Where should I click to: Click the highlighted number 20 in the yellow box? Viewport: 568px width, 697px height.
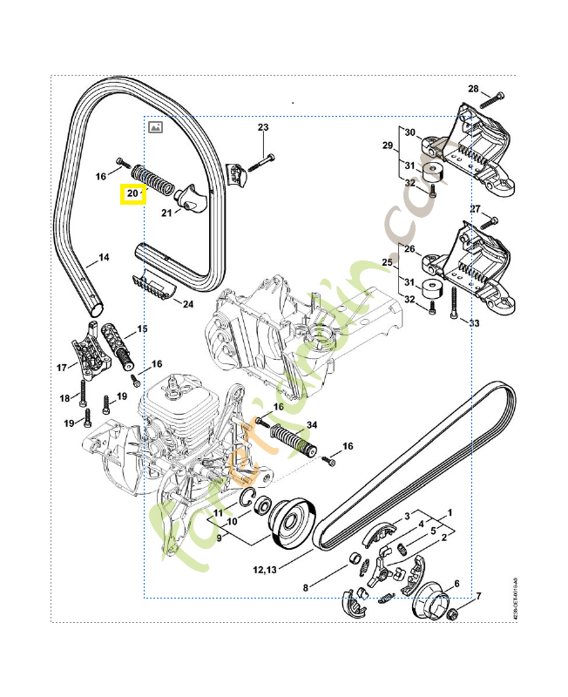(132, 193)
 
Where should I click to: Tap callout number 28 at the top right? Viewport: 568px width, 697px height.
(473, 89)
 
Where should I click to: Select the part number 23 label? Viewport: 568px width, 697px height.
(264, 128)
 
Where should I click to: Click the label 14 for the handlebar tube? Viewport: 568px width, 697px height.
(103, 257)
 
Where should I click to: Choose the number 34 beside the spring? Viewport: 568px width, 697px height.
(312, 424)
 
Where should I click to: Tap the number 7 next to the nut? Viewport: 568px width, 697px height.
(477, 596)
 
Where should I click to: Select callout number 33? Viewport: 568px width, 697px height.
(474, 324)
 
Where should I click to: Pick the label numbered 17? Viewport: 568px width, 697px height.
(62, 367)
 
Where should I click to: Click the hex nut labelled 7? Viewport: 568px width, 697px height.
(453, 615)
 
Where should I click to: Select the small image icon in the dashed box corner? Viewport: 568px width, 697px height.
(155, 126)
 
